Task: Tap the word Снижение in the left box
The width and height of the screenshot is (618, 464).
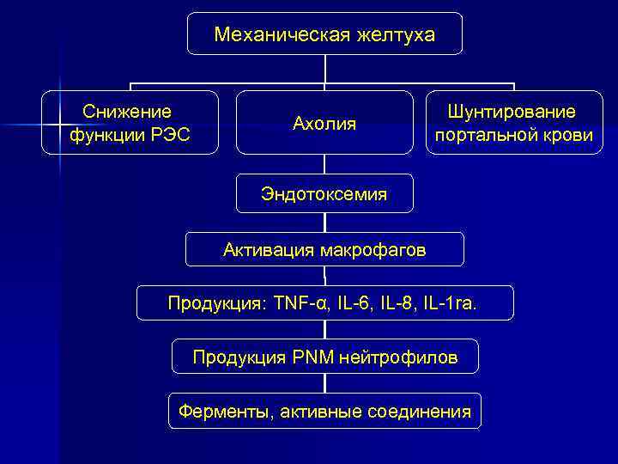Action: (127, 112)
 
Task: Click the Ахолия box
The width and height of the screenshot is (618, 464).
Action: (324, 123)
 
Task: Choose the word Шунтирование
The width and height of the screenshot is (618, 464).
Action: (512, 113)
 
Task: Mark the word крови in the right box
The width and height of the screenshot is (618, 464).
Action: (571, 136)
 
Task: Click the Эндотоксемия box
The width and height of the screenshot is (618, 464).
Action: (324, 194)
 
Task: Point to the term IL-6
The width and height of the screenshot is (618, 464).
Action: (355, 303)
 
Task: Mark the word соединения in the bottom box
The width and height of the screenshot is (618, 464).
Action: (420, 412)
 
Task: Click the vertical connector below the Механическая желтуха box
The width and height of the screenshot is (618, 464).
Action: (325, 69)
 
